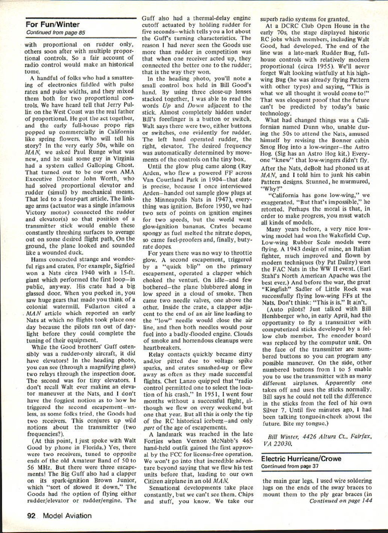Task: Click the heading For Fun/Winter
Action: point(53,25)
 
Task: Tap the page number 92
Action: point(31,516)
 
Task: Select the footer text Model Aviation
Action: point(67,516)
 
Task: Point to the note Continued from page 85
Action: point(56,33)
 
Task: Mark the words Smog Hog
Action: point(275,147)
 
